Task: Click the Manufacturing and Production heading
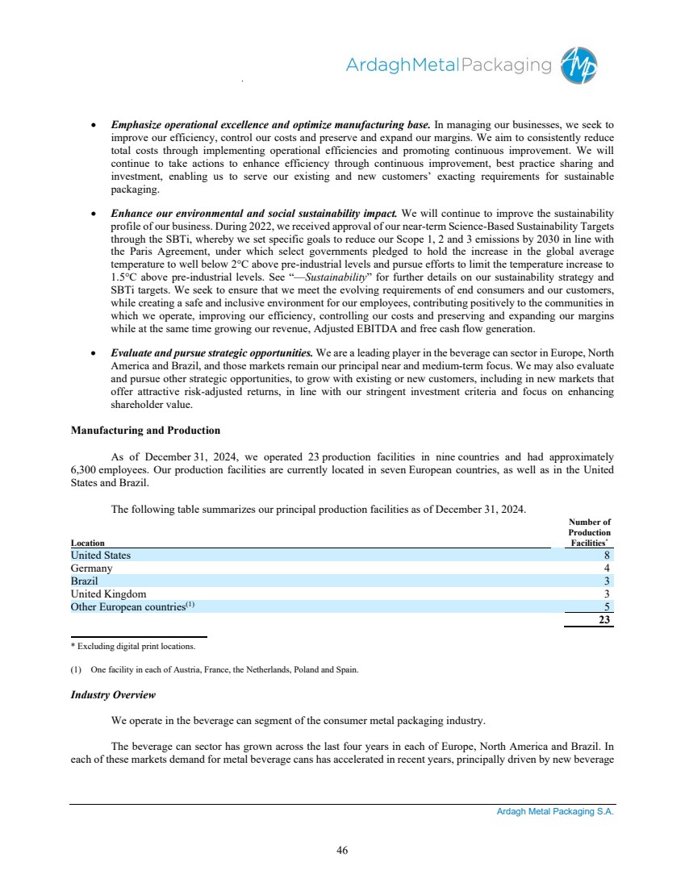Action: (146, 430)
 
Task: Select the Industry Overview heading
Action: (113, 694)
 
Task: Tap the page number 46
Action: (342, 848)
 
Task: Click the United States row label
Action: (100, 555)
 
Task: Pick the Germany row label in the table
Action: (91, 568)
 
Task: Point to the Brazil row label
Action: (85, 581)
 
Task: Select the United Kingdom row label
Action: (108, 594)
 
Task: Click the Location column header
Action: (87, 543)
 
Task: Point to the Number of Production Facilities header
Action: (589, 533)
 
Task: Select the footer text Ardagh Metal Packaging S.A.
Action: (555, 813)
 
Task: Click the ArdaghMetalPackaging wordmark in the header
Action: (449, 65)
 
